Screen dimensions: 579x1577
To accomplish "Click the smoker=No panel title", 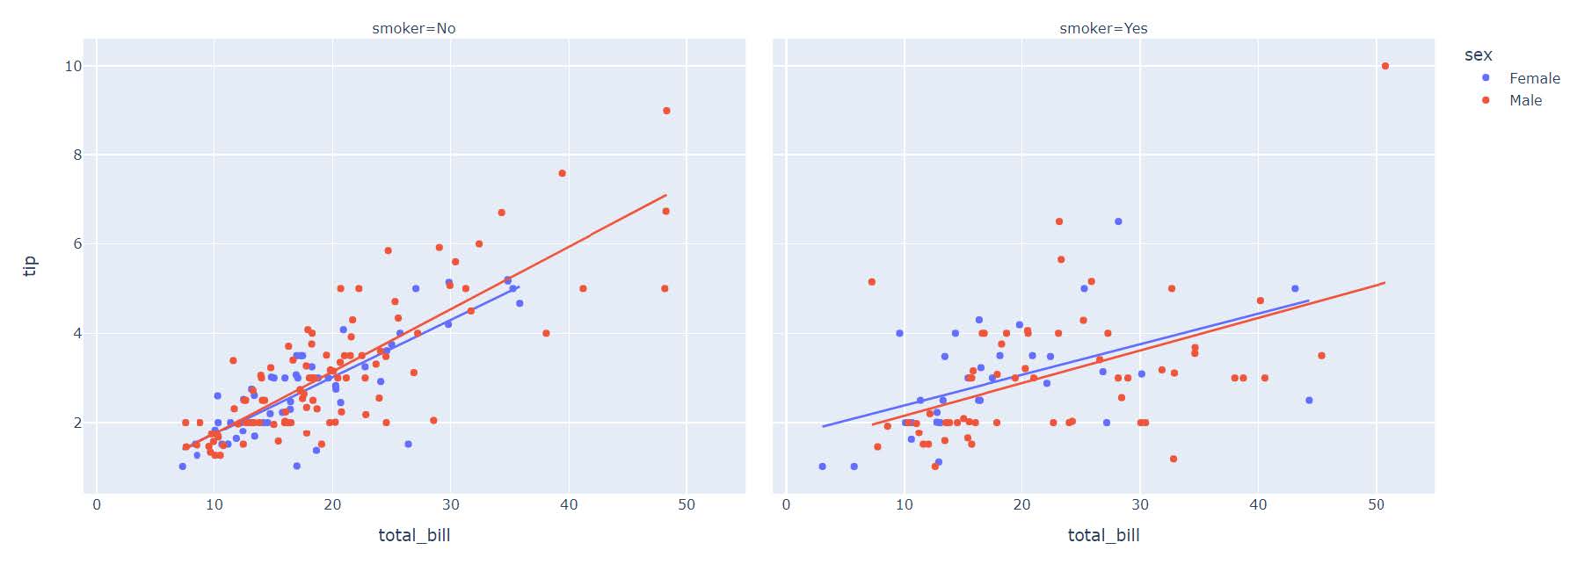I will [x=413, y=28].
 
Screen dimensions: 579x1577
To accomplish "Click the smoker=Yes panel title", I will [x=1102, y=28].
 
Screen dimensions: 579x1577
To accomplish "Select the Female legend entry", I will [x=1534, y=78].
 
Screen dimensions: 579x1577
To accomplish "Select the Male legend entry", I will [x=1525, y=100].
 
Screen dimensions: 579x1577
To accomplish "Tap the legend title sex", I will [x=1478, y=54].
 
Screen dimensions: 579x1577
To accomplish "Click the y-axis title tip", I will [x=30, y=265].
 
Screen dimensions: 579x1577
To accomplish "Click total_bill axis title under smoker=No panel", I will [x=414, y=535].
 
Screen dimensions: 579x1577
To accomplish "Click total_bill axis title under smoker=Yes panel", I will [x=1103, y=535].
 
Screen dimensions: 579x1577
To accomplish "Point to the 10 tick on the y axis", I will [x=73, y=66].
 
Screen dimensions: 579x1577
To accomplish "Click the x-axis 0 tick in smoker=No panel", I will [x=97, y=504].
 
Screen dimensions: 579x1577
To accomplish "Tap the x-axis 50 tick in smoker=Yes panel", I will [x=1377, y=504].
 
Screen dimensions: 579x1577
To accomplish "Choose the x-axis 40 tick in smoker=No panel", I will [x=569, y=504].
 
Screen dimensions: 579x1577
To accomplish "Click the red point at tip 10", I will [x=1385, y=66].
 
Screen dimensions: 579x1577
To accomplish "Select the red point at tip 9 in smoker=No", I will [x=666, y=111].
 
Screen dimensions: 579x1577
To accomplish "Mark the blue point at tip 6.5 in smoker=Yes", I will [x=1118, y=221].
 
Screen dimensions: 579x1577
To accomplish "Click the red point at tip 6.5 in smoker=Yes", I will [x=1059, y=221].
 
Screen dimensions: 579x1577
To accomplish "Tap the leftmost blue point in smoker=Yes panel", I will [x=822, y=467].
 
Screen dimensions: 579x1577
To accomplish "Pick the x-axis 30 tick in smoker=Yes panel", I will [x=1140, y=504].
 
